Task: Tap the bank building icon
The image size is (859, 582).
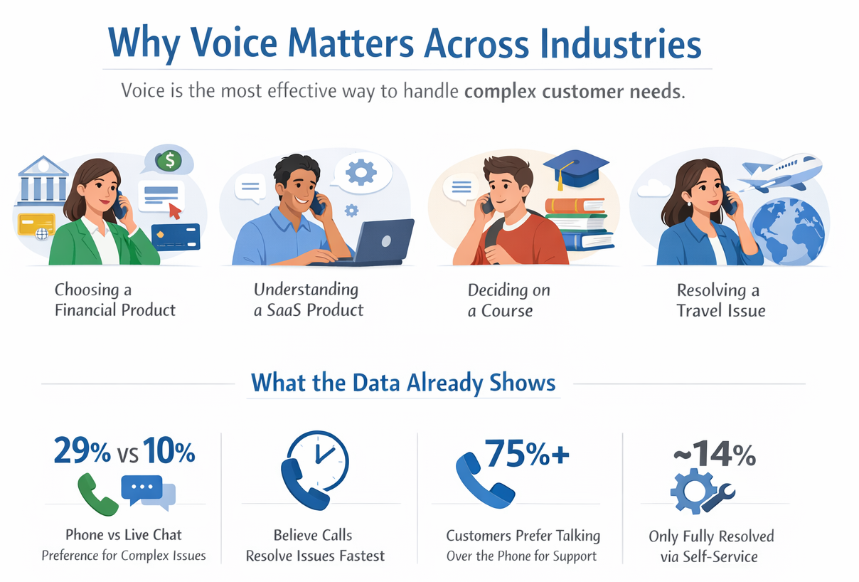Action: coord(43,180)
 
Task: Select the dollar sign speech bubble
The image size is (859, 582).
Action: coord(169,161)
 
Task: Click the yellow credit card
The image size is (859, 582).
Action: coord(36,225)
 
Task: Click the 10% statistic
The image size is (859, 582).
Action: coord(169,451)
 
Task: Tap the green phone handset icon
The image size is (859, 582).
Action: coord(97,494)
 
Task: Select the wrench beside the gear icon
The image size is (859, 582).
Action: coord(718,497)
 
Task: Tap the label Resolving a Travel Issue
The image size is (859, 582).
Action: coord(720,300)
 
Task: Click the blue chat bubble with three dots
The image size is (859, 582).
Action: coord(142,489)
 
